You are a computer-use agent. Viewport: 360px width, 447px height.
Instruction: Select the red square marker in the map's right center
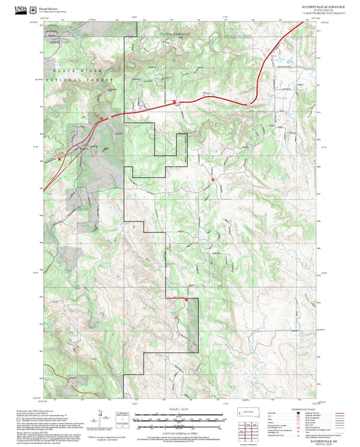click(213, 180)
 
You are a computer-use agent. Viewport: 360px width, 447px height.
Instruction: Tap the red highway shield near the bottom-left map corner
click(69, 382)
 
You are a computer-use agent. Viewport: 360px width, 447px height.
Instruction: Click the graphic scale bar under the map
click(180, 418)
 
